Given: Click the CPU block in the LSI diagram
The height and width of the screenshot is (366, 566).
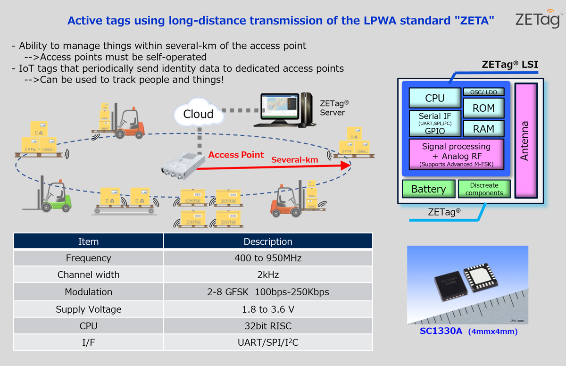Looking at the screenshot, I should (x=434, y=98).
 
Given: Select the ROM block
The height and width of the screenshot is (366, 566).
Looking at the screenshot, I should (x=483, y=108).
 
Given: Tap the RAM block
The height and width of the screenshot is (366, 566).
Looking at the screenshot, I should (x=483, y=129).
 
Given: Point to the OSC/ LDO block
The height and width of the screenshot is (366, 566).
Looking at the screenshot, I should (x=483, y=92).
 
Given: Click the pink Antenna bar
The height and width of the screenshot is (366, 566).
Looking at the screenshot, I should (x=525, y=141).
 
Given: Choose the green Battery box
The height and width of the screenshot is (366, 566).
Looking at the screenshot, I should (x=428, y=189).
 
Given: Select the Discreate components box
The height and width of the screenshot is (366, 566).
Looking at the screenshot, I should (x=484, y=189).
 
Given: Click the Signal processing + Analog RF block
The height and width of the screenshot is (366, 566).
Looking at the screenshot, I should (x=456, y=155).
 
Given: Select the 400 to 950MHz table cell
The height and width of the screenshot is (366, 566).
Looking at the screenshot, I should (x=267, y=258).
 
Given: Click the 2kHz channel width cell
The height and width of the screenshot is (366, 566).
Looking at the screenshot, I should (x=267, y=274).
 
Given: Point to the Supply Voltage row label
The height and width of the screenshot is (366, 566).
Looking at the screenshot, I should (x=89, y=309).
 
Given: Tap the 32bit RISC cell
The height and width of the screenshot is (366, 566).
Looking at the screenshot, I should (x=267, y=326).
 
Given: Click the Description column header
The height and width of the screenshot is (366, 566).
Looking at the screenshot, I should (x=267, y=241).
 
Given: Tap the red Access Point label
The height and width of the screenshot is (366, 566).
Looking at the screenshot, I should (x=236, y=155).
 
